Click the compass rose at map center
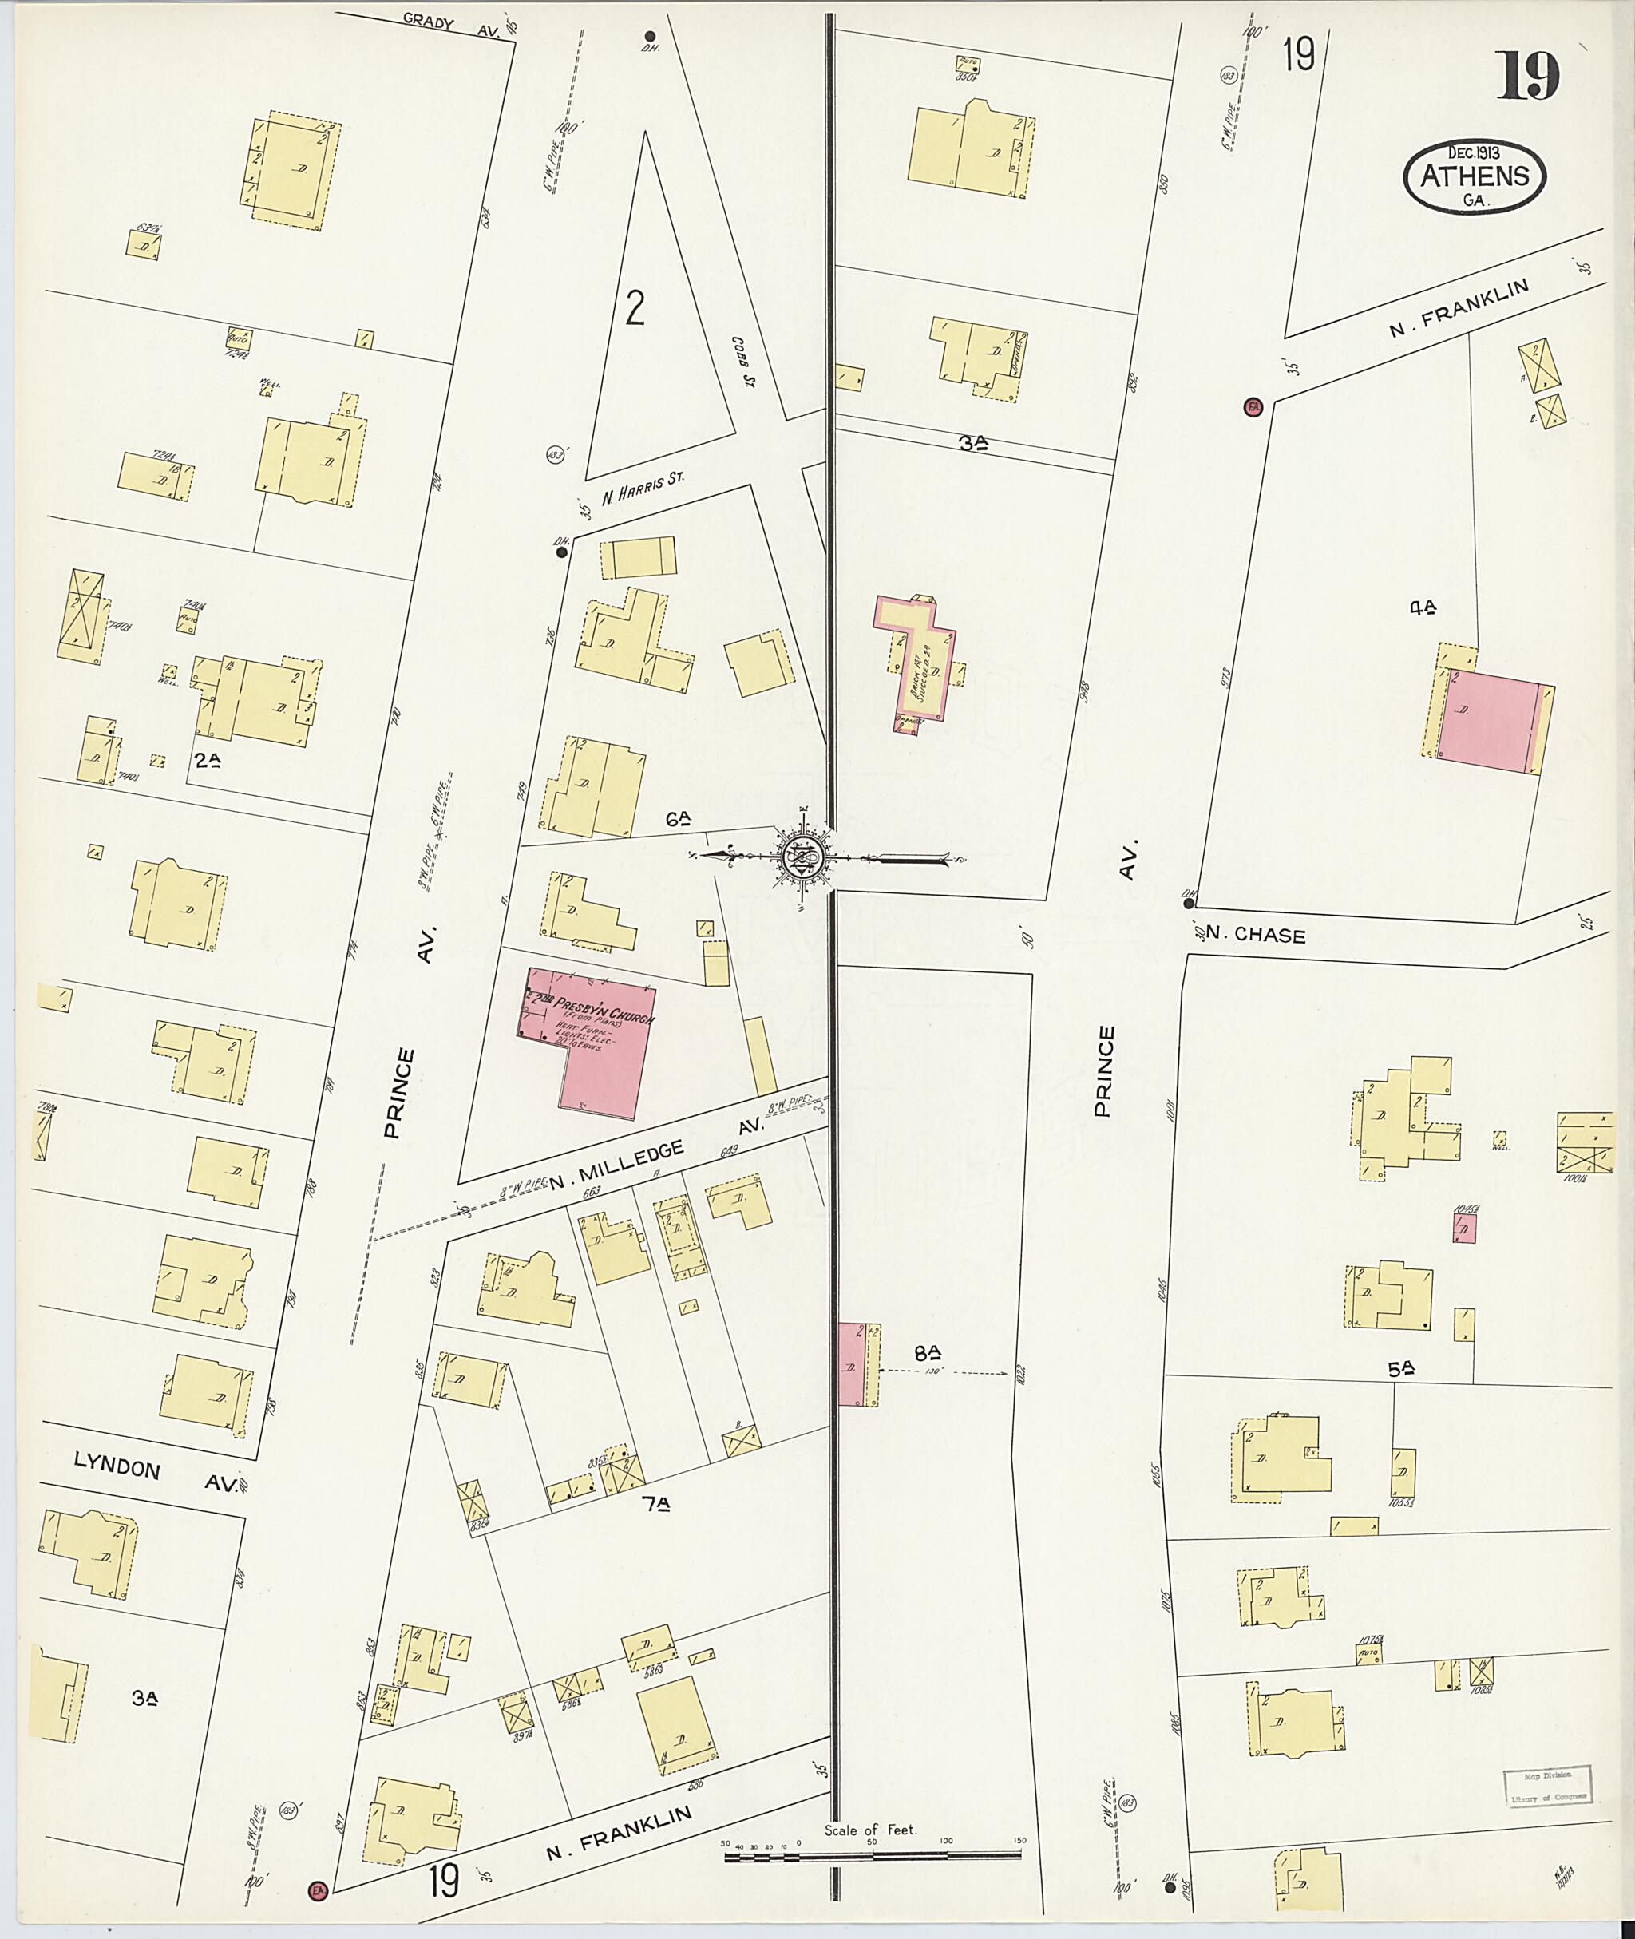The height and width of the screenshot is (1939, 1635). click(x=799, y=858)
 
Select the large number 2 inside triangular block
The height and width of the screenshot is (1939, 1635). click(x=634, y=310)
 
